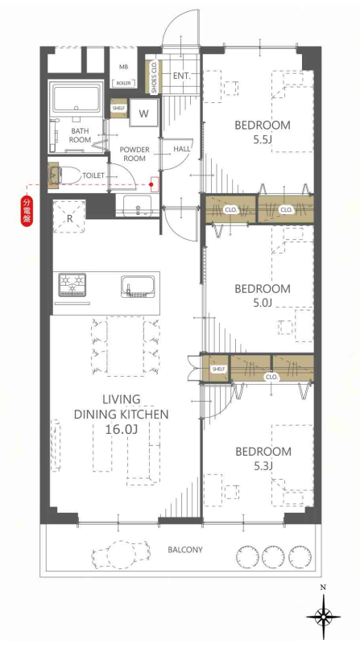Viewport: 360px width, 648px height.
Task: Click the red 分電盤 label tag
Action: pos(27,211)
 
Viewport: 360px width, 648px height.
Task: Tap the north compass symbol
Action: pos(323,610)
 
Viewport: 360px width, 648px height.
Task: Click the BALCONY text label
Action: pos(185,550)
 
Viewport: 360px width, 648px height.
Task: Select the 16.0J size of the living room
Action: pos(122,429)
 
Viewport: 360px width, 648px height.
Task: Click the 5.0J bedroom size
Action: pos(262,303)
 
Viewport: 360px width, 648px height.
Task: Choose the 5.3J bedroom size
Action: pos(263,466)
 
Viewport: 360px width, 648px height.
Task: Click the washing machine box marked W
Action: pos(143,113)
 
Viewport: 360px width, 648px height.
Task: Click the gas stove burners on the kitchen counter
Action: pos(72,284)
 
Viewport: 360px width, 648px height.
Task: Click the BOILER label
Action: pos(123,83)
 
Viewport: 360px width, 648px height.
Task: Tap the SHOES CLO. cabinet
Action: pos(153,77)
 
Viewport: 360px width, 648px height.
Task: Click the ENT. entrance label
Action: pos(181,76)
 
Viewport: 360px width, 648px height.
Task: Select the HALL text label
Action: pos(182,148)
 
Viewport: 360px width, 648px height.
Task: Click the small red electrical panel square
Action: pos(154,184)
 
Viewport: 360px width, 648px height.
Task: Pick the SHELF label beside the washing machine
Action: pos(118,109)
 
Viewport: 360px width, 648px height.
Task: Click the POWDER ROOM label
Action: pos(134,154)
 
